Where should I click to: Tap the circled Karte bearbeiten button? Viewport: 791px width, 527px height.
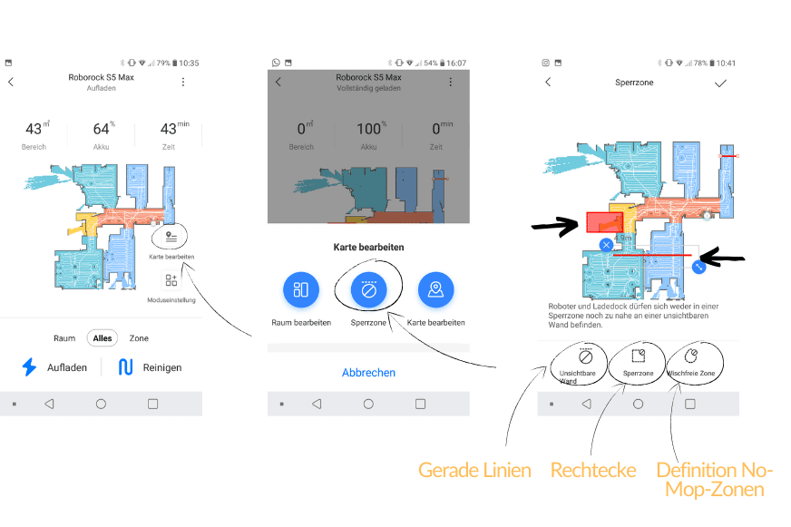171,237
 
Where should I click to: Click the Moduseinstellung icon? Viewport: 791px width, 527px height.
171,280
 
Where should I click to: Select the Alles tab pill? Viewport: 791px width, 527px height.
103,338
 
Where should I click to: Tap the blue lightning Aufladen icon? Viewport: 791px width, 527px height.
30,367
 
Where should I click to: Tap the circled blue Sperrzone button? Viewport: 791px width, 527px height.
368,289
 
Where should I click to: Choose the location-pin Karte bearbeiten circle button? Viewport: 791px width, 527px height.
435,289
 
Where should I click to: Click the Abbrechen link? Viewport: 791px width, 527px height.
368,373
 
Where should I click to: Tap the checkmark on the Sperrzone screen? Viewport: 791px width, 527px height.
720,83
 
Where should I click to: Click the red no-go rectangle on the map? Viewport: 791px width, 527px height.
601,222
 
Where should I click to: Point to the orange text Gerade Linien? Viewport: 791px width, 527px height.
474,470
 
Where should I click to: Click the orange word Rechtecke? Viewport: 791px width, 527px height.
592,470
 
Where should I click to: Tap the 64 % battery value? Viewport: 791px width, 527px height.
102,129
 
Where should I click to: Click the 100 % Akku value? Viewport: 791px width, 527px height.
367,129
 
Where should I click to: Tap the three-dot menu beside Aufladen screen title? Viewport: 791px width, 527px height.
183,82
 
